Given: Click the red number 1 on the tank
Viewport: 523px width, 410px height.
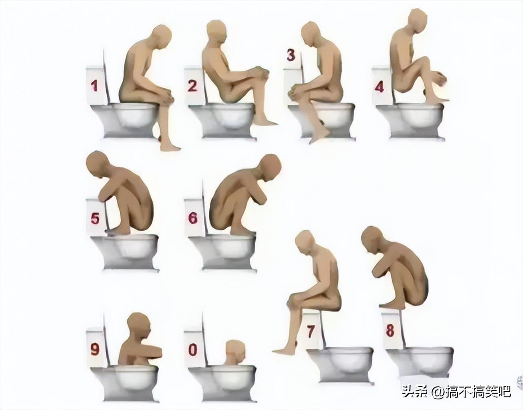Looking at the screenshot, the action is click(x=94, y=86).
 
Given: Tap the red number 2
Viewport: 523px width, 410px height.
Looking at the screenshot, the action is click(x=193, y=86).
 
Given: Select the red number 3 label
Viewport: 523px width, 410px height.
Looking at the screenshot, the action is click(x=291, y=55).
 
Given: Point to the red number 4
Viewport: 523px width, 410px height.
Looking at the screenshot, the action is click(x=379, y=86).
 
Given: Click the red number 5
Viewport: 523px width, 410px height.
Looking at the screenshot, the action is click(x=95, y=218).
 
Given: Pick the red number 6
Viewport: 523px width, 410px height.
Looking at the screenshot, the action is click(x=193, y=218).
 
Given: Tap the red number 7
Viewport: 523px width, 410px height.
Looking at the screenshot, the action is click(x=310, y=331).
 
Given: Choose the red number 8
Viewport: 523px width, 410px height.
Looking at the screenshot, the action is click(x=390, y=330).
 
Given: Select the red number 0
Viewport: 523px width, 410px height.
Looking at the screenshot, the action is click(x=193, y=350).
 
